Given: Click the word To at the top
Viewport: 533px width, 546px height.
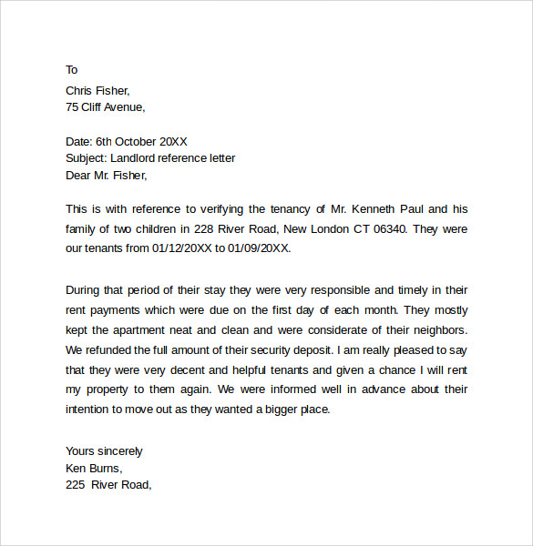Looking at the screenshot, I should [72, 70].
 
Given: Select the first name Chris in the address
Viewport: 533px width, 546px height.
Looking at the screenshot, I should [80, 90].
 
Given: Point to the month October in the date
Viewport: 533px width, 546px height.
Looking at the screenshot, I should [138, 141].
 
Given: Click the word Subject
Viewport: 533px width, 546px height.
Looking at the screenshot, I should [86, 158].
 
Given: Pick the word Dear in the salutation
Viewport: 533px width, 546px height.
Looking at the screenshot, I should [79, 176].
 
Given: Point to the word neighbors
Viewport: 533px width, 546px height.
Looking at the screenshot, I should [436, 329].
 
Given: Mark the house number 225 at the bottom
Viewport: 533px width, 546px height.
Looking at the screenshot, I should [76, 486].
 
